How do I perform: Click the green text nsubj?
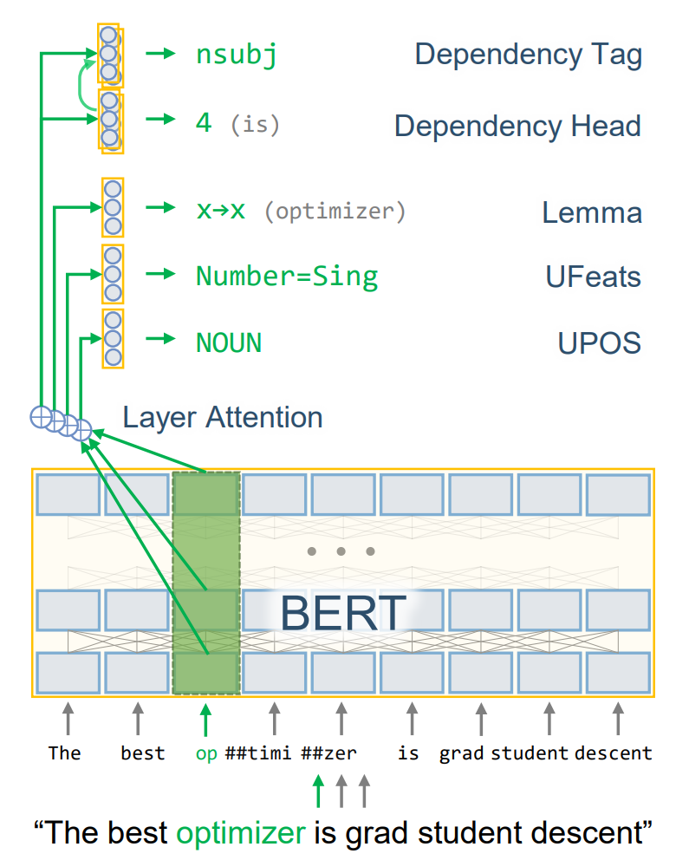(237, 55)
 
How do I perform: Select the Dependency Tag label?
(528, 55)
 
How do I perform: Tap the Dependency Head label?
(517, 126)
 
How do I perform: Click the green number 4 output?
(204, 123)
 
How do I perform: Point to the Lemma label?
(592, 212)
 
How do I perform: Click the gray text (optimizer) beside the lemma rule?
(335, 212)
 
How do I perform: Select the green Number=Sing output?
(287, 277)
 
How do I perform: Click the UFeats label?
(593, 277)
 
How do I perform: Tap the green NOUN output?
(229, 342)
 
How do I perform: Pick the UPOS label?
(599, 342)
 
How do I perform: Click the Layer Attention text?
(223, 418)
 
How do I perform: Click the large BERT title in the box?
(343, 613)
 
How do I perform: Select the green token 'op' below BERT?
(206, 752)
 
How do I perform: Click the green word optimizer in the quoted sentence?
(241, 832)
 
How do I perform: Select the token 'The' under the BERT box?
(64, 752)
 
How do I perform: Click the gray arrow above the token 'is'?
(409, 719)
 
